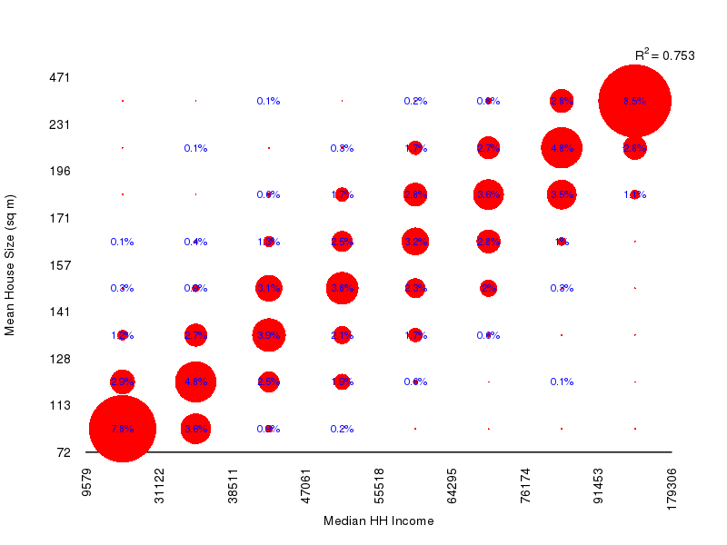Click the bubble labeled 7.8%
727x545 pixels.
coord(122,429)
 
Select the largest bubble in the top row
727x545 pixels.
coord(634,101)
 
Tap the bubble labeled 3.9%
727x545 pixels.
coord(268,335)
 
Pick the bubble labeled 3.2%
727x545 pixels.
coord(415,242)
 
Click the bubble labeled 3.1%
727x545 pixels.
coord(268,288)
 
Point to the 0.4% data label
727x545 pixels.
coord(195,242)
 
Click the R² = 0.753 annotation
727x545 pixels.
coord(664,55)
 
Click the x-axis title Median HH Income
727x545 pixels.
coord(378,521)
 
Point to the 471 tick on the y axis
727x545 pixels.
coord(59,77)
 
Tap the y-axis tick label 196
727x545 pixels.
coord(59,171)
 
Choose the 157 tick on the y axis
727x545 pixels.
coord(59,265)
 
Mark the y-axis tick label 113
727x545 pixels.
coord(59,405)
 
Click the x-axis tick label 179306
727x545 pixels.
coord(672,489)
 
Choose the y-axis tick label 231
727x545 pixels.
coord(59,124)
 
